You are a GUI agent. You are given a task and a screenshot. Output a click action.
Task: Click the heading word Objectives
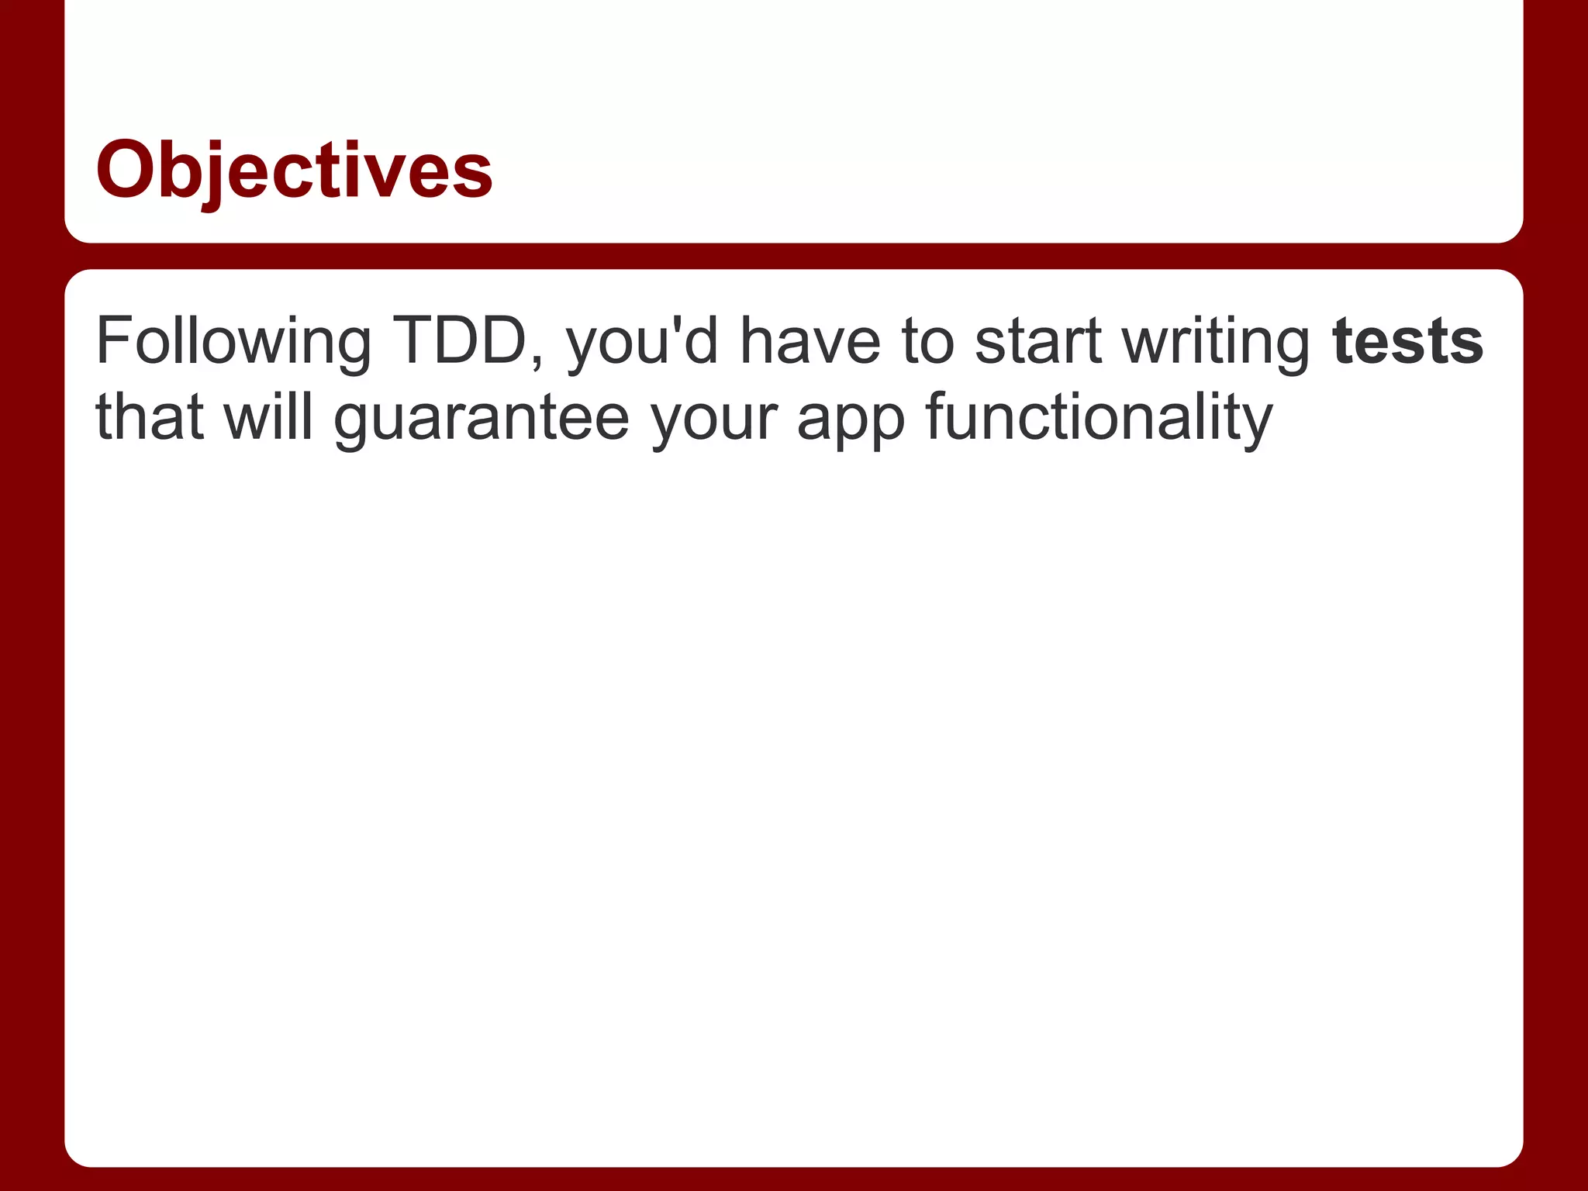pyautogui.click(x=294, y=170)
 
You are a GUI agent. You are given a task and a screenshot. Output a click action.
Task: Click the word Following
pyautogui.click(x=233, y=341)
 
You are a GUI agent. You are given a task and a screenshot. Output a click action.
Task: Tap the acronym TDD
pyautogui.click(x=460, y=341)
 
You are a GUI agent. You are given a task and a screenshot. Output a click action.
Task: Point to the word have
pyautogui.click(x=810, y=341)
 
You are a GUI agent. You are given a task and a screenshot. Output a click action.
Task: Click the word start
pyautogui.click(x=1038, y=341)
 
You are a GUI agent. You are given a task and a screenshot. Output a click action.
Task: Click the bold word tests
pyautogui.click(x=1407, y=341)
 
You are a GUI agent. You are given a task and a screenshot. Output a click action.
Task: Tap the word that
pyautogui.click(x=150, y=417)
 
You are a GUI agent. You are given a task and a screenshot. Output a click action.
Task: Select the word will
pyautogui.click(x=268, y=416)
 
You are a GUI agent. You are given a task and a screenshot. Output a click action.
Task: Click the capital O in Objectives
pyautogui.click(x=127, y=170)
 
